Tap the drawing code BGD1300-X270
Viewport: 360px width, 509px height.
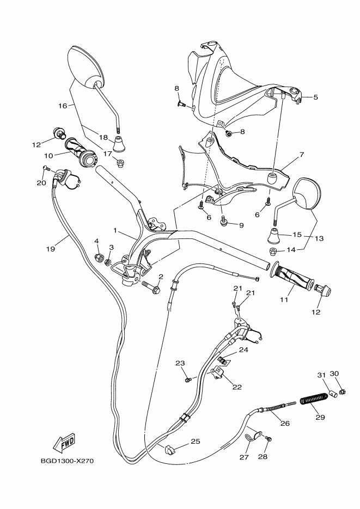tap(68, 461)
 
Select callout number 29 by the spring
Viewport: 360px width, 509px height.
tap(320, 418)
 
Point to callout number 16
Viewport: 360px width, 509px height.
tap(62, 106)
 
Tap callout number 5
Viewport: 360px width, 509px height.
tap(315, 97)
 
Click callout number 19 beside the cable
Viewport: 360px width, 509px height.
tap(51, 249)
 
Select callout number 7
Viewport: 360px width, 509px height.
tap(301, 155)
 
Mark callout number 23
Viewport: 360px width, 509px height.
tap(180, 363)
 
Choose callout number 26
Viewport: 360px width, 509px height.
tap(285, 424)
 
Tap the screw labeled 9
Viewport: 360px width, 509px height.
tap(224, 221)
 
